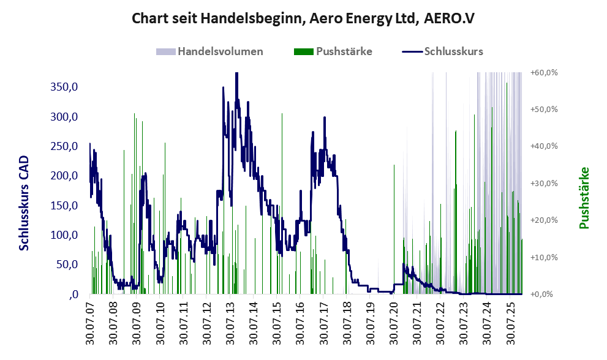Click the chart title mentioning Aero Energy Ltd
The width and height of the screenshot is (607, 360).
(303, 19)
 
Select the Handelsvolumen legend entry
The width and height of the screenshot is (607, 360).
(220, 51)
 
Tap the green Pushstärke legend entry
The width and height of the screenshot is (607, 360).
(344, 51)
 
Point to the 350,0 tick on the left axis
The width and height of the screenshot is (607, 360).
(65, 87)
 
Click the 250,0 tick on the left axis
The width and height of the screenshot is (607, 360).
(65, 146)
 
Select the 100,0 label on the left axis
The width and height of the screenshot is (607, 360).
(65, 235)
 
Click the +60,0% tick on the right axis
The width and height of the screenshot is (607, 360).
(544, 72)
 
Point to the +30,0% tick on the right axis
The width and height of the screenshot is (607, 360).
(544, 183)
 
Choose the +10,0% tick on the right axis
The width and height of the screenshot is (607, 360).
(544, 257)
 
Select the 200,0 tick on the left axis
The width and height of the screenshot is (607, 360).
(65, 176)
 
